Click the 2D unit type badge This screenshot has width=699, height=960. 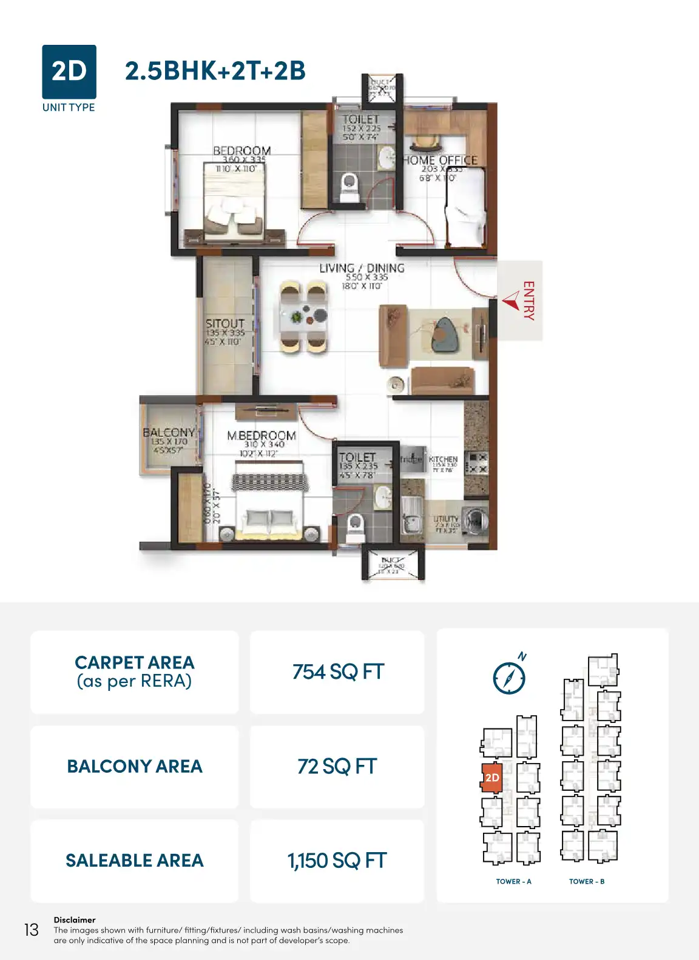(x=69, y=72)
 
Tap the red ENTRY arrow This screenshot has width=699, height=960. (x=511, y=301)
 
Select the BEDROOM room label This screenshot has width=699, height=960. (x=241, y=151)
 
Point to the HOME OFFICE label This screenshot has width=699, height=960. (x=441, y=160)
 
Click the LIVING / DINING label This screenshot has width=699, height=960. (x=362, y=268)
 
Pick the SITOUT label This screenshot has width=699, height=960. (x=225, y=324)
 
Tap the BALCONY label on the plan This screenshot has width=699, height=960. (x=169, y=432)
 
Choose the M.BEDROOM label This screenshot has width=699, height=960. (x=261, y=435)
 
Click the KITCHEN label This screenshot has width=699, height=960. (x=443, y=459)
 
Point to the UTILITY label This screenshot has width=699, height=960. (x=445, y=519)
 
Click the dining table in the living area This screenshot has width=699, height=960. (x=304, y=317)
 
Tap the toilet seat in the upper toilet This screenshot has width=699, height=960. (x=349, y=184)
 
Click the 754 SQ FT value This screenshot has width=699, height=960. (x=338, y=672)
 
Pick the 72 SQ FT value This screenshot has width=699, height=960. (x=337, y=767)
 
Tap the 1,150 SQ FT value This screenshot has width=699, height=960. (x=337, y=861)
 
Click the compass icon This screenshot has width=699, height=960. (x=509, y=677)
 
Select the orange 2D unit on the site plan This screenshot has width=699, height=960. (x=491, y=778)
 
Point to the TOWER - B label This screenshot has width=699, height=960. (x=587, y=881)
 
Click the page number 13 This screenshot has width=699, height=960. (x=31, y=930)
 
